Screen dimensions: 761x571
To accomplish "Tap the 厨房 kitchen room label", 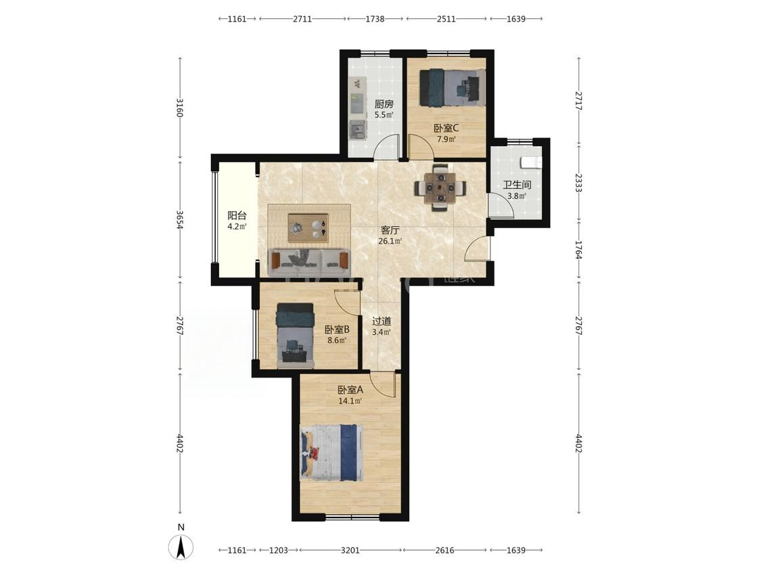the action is (x=384, y=104).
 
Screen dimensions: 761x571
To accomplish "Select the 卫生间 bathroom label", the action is (x=517, y=185).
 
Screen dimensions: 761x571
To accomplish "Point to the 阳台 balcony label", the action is (x=237, y=216).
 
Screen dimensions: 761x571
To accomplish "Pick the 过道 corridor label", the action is (x=382, y=321).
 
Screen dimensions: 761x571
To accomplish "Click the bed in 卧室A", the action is (x=331, y=453).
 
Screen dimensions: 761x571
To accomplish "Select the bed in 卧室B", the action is (x=295, y=336).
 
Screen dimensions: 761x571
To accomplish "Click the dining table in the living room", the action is (x=440, y=187).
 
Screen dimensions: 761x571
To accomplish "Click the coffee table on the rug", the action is (x=308, y=228).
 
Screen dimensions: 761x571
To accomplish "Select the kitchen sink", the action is (x=358, y=129).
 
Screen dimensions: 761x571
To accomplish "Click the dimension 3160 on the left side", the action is (x=180, y=108).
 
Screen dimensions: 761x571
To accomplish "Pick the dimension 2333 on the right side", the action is (x=578, y=183).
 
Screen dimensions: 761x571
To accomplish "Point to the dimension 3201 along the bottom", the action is (x=350, y=550).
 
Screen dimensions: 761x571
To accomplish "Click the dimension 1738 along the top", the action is (x=375, y=19).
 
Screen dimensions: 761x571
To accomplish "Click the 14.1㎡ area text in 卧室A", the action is (x=350, y=401).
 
